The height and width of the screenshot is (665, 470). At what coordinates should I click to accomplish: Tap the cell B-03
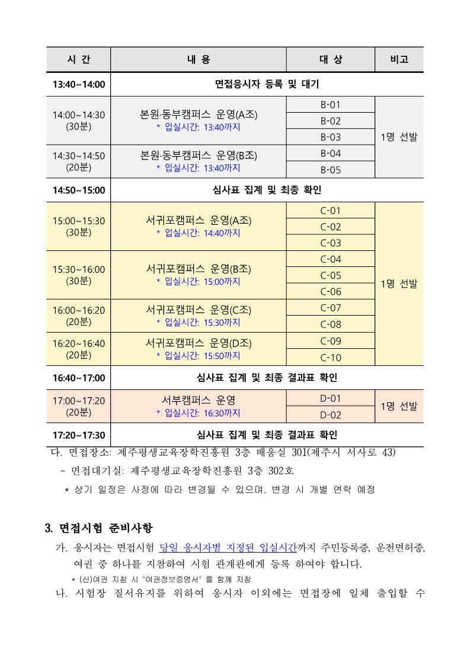point(330,137)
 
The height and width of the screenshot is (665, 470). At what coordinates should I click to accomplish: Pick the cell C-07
point(330,308)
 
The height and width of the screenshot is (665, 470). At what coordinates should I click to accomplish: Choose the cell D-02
point(330,415)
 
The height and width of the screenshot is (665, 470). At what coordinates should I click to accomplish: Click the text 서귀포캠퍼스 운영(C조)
point(198,310)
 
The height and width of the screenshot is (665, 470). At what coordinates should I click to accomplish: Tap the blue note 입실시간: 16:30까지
point(198,413)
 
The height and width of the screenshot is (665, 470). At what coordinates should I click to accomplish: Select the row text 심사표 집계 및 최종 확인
point(266,190)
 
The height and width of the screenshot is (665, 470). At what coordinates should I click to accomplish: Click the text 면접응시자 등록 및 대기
point(266,84)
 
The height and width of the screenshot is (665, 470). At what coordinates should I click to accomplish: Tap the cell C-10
point(330,357)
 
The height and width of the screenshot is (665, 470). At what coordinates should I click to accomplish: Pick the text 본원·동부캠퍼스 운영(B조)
point(198,155)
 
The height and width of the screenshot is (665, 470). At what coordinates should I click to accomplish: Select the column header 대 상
point(330,60)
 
